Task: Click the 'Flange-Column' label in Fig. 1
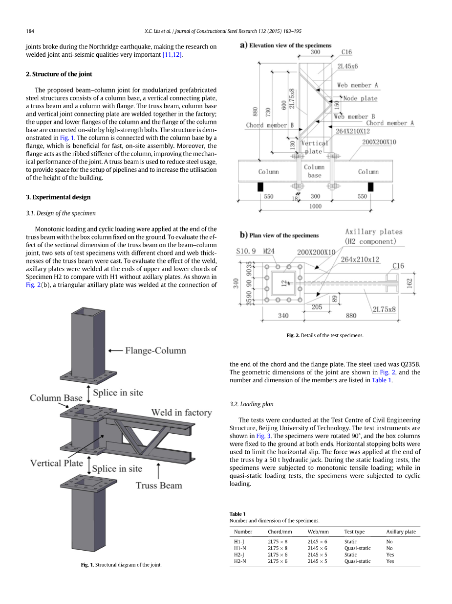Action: tap(155, 350)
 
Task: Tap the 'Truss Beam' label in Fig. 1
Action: tap(158, 486)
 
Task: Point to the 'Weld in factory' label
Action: tap(181, 413)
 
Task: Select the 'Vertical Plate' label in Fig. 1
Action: tap(57, 463)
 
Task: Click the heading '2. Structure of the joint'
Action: tap(59, 74)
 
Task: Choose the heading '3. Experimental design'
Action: tap(58, 197)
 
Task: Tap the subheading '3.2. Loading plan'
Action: tap(252, 404)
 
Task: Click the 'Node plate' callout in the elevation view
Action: tap(360, 98)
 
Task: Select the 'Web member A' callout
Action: tap(357, 85)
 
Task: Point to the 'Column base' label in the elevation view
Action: tap(314, 171)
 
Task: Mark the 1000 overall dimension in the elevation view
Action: tap(315, 206)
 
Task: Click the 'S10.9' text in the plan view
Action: tap(246, 252)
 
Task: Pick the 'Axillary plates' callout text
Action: tap(374, 232)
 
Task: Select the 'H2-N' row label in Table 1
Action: tap(240, 561)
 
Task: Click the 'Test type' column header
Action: tap(354, 532)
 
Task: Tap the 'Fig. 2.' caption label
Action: tap(293, 335)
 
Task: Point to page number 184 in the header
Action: tap(30, 31)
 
